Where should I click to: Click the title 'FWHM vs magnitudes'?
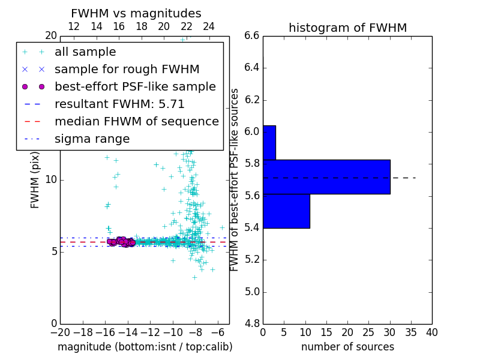click(x=136, y=14)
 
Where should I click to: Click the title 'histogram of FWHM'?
click(x=347, y=28)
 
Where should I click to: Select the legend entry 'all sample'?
click(x=85, y=52)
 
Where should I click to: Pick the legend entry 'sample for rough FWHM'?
click(x=127, y=70)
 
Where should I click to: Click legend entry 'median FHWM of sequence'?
click(x=136, y=122)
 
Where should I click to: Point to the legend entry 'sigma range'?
click(x=92, y=139)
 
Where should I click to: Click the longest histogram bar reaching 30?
click(x=326, y=177)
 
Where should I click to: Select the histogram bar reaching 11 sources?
click(x=286, y=211)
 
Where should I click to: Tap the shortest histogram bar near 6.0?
click(x=269, y=143)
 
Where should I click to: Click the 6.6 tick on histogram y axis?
click(x=252, y=36)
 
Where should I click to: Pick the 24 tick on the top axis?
click(x=209, y=26)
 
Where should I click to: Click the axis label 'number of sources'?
click(x=347, y=347)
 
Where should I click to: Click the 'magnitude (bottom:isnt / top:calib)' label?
click(x=145, y=347)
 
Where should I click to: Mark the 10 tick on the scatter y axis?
click(x=52, y=180)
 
